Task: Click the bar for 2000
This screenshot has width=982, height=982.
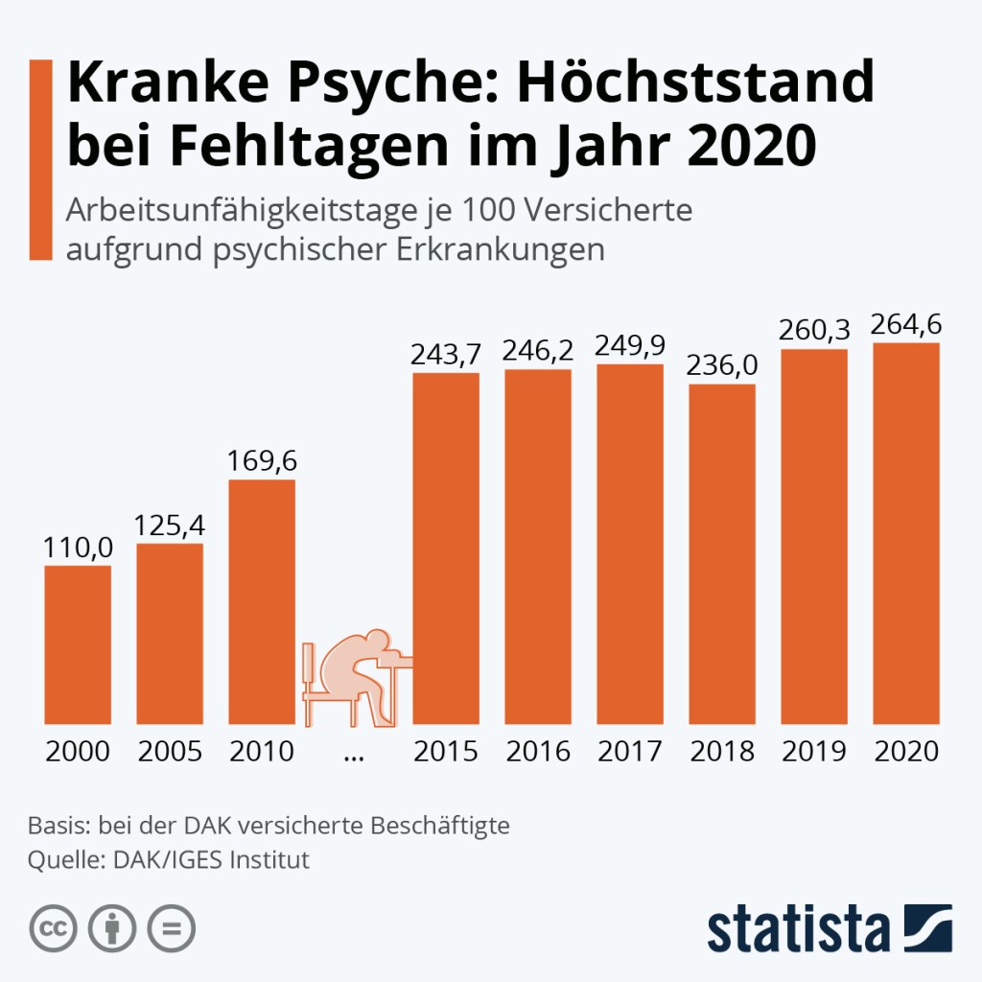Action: point(78,644)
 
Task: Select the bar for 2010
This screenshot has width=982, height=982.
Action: point(262,601)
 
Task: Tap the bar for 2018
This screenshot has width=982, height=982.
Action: point(722,554)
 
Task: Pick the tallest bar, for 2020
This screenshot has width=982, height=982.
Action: point(906,533)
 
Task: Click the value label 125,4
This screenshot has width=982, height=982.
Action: point(170,526)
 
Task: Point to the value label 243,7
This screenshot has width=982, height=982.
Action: point(446,355)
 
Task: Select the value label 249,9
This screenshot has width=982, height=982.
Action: point(630,344)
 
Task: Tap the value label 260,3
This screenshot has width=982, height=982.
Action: point(814,330)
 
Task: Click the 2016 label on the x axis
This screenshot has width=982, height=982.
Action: point(538,751)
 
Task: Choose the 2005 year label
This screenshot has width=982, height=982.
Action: point(170,751)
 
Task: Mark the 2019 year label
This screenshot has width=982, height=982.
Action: point(814,751)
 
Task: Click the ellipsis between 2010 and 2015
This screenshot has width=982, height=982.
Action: point(354,756)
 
